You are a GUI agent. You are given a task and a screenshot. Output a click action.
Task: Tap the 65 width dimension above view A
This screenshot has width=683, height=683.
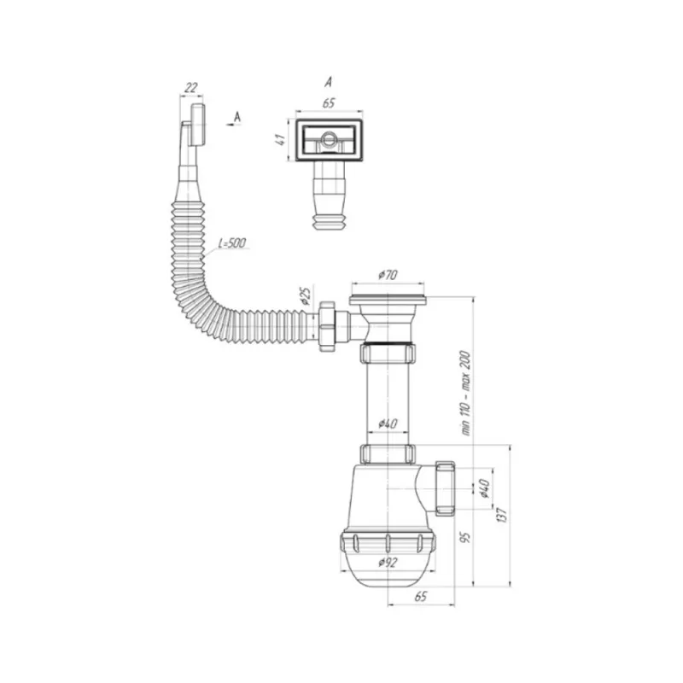330,103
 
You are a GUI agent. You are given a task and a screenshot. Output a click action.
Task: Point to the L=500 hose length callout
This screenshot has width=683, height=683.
232,244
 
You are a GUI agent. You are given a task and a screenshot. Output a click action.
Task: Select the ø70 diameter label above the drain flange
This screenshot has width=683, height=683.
388,275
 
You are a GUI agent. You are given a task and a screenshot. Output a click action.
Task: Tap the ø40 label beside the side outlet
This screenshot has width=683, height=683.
484,488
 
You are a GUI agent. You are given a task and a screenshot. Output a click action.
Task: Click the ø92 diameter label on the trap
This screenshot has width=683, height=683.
388,562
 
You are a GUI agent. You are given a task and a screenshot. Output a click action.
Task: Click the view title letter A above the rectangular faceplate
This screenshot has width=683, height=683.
328,83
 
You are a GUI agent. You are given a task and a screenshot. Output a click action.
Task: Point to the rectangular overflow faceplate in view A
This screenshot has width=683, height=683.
330,140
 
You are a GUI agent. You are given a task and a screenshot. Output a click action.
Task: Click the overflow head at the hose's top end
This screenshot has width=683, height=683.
197,126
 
